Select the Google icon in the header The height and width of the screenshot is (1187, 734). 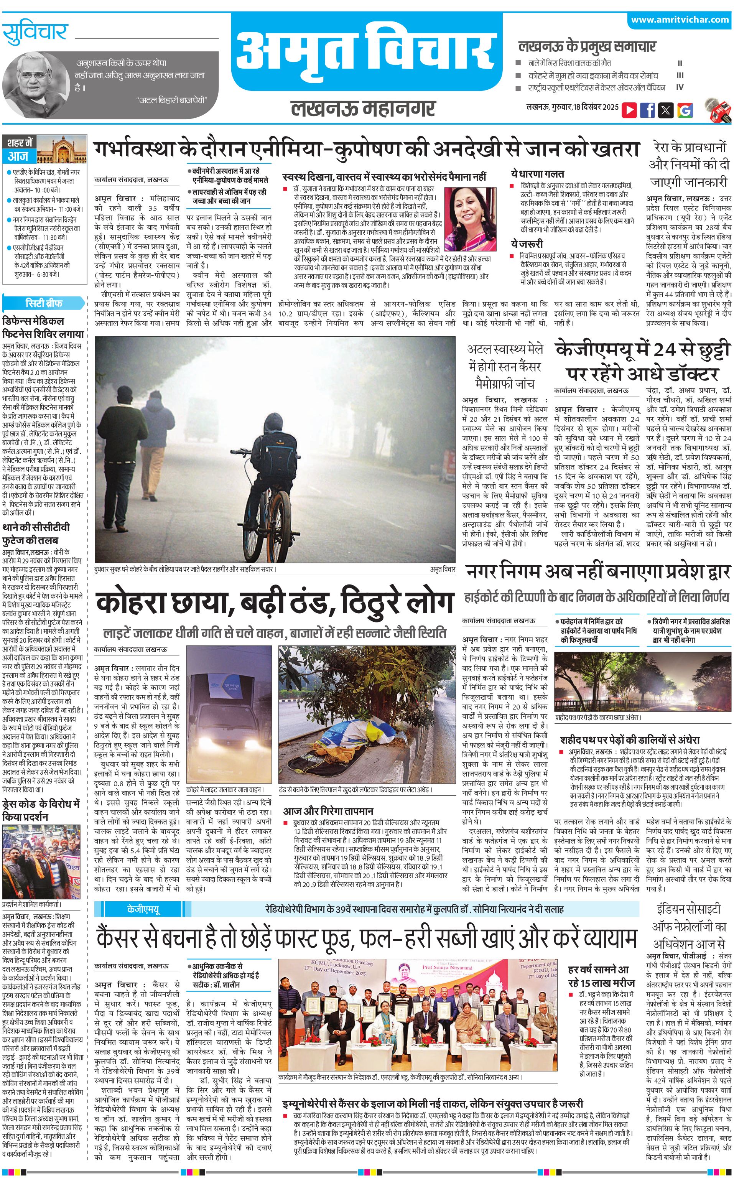tap(685, 110)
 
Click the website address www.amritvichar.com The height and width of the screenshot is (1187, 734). tap(680, 20)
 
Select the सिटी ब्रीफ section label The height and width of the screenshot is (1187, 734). tap(44, 303)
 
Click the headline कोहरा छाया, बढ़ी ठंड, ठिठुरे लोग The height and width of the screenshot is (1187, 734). tap(274, 603)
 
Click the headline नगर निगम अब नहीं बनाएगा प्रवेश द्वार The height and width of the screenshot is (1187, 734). tap(598, 571)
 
